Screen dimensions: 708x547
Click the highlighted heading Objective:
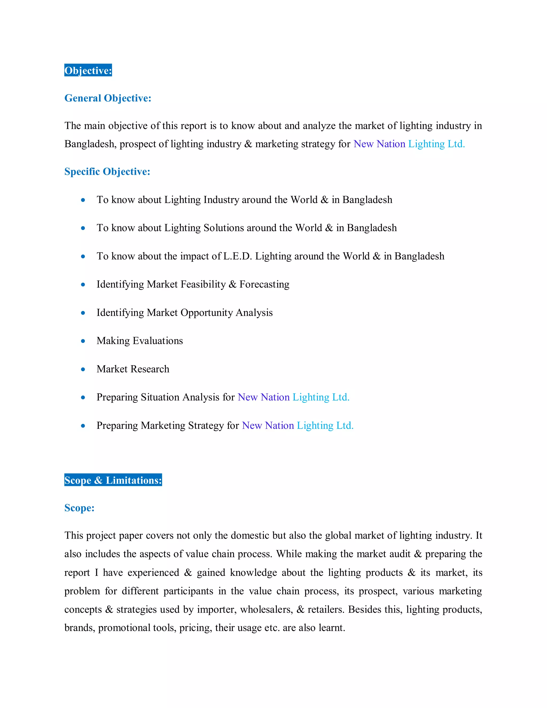88,70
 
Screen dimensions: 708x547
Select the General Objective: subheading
108,98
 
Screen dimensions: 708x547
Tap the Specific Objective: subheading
107,172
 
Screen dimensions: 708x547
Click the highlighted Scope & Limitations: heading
113,480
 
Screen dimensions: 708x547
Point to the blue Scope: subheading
79,508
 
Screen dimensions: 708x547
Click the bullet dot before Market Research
83,369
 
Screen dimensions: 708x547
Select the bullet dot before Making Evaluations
83,341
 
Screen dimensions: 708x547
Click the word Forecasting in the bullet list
264,284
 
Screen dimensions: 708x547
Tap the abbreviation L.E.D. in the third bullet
237,256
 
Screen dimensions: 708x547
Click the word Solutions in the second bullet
224,228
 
